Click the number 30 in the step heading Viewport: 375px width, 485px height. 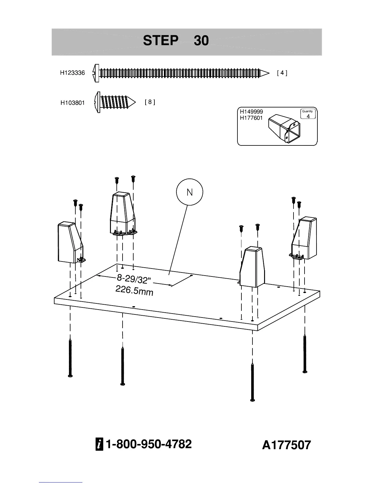(201, 41)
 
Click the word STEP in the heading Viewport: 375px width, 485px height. (161, 41)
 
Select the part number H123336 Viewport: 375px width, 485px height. (72, 73)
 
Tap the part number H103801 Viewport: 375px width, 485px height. (72, 103)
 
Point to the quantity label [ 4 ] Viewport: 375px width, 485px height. (282, 73)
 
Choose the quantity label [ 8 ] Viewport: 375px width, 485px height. (150, 102)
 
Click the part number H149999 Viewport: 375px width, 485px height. (251, 112)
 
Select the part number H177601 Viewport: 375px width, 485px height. (251, 118)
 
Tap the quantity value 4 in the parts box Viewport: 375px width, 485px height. (308, 116)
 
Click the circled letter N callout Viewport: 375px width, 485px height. (190, 192)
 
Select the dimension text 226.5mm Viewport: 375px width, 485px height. (134, 291)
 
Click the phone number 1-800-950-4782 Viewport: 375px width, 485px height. (149, 444)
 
